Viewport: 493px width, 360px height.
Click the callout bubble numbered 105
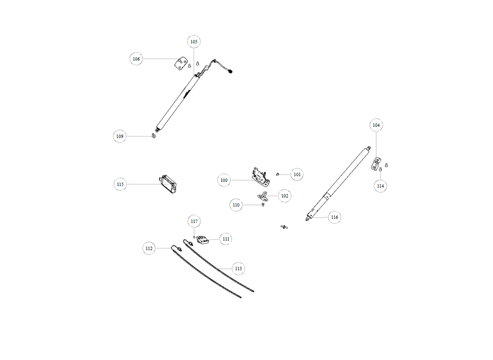pyautogui.click(x=194, y=41)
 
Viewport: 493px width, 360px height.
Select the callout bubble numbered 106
pyautogui.click(x=136, y=59)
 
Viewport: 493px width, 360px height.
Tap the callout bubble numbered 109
pyautogui.click(x=120, y=136)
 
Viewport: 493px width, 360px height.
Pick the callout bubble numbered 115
pyautogui.click(x=120, y=184)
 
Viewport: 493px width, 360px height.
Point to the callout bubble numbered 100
pyautogui.click(x=224, y=180)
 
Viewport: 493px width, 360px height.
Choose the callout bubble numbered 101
pyautogui.click(x=297, y=174)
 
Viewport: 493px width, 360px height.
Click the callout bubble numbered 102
pyautogui.click(x=284, y=196)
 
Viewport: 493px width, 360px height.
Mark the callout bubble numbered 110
pyautogui.click(x=236, y=205)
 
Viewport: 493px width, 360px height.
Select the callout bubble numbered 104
pyautogui.click(x=376, y=125)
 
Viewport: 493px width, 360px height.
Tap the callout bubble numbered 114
pyautogui.click(x=381, y=186)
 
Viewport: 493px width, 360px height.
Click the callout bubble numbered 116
pyautogui.click(x=335, y=217)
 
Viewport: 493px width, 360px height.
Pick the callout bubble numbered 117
pyautogui.click(x=194, y=221)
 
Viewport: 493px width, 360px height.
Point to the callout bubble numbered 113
pyautogui.click(x=238, y=268)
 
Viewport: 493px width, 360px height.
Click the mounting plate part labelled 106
pyautogui.click(x=181, y=64)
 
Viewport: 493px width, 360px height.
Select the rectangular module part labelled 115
pyautogui.click(x=168, y=184)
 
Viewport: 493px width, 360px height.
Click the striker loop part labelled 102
pyautogui.click(x=263, y=196)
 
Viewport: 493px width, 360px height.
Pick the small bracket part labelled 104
pyautogui.click(x=375, y=164)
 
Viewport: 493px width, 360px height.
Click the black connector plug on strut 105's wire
pyautogui.click(x=230, y=72)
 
